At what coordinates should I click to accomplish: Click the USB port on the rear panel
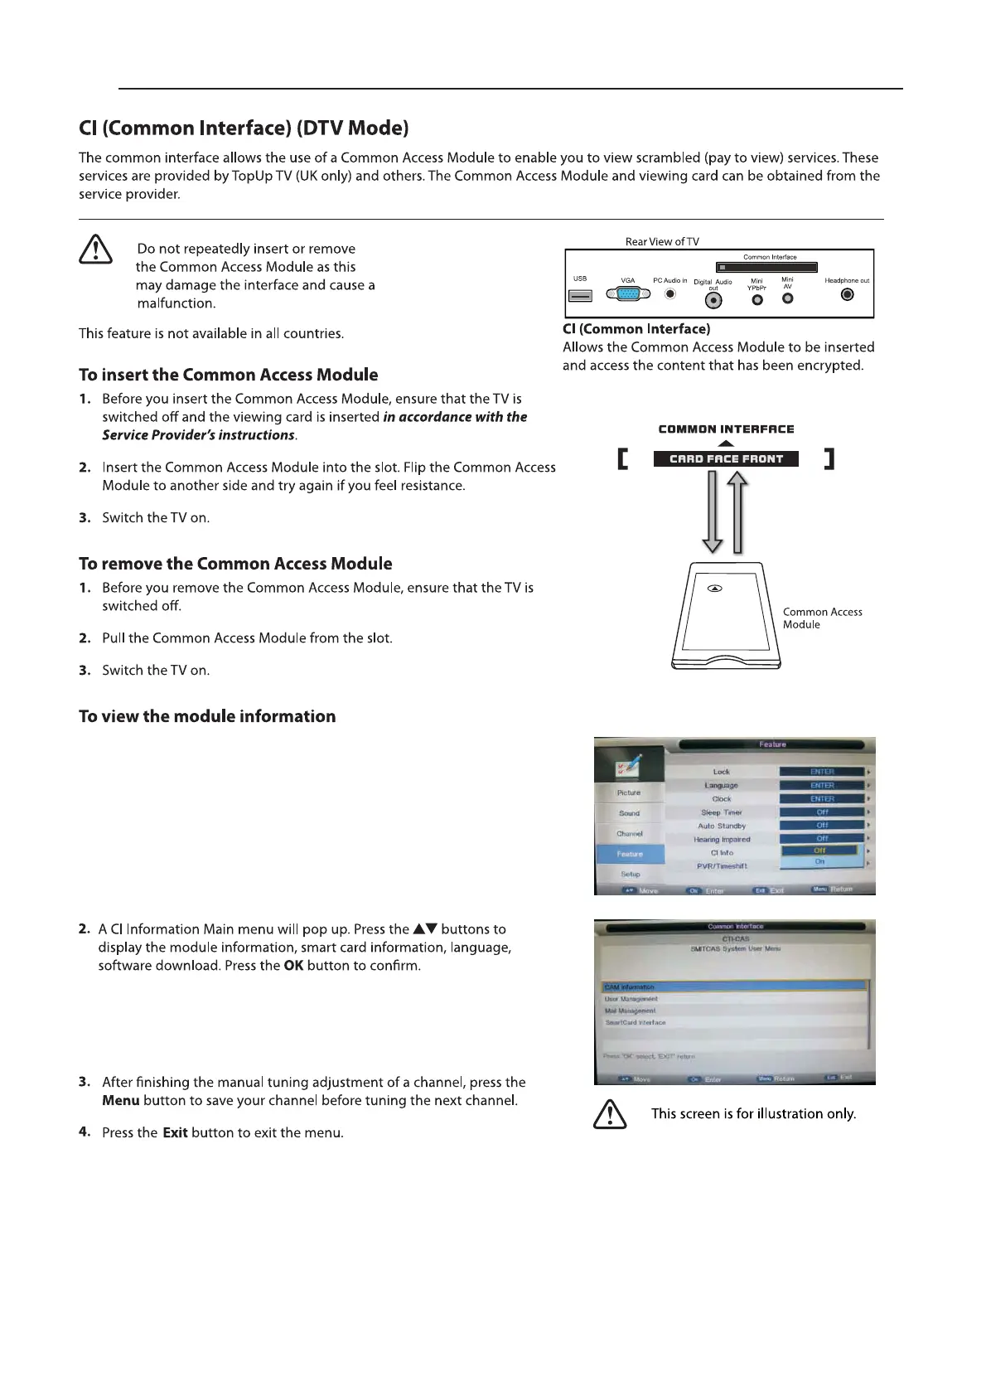click(580, 296)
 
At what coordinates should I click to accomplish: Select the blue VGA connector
click(629, 293)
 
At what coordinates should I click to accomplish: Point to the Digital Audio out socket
click(713, 300)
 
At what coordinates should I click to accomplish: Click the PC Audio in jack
click(670, 293)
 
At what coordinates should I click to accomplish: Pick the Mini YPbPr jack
click(756, 299)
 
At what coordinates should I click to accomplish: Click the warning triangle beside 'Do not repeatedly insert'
click(96, 250)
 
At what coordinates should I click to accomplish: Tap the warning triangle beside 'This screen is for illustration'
click(610, 1113)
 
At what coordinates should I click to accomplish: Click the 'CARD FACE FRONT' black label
click(726, 458)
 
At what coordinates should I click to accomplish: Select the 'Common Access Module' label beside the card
click(822, 618)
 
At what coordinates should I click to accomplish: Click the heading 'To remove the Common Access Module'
click(235, 564)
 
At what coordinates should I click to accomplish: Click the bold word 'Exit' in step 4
click(175, 1132)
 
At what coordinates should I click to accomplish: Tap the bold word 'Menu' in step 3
click(121, 1101)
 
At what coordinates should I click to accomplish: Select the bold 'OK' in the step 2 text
click(293, 966)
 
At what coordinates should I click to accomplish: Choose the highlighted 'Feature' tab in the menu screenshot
click(630, 854)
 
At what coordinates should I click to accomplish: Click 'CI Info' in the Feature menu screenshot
click(722, 852)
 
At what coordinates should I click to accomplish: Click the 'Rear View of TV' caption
click(662, 242)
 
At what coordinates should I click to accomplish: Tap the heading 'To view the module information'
click(207, 716)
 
